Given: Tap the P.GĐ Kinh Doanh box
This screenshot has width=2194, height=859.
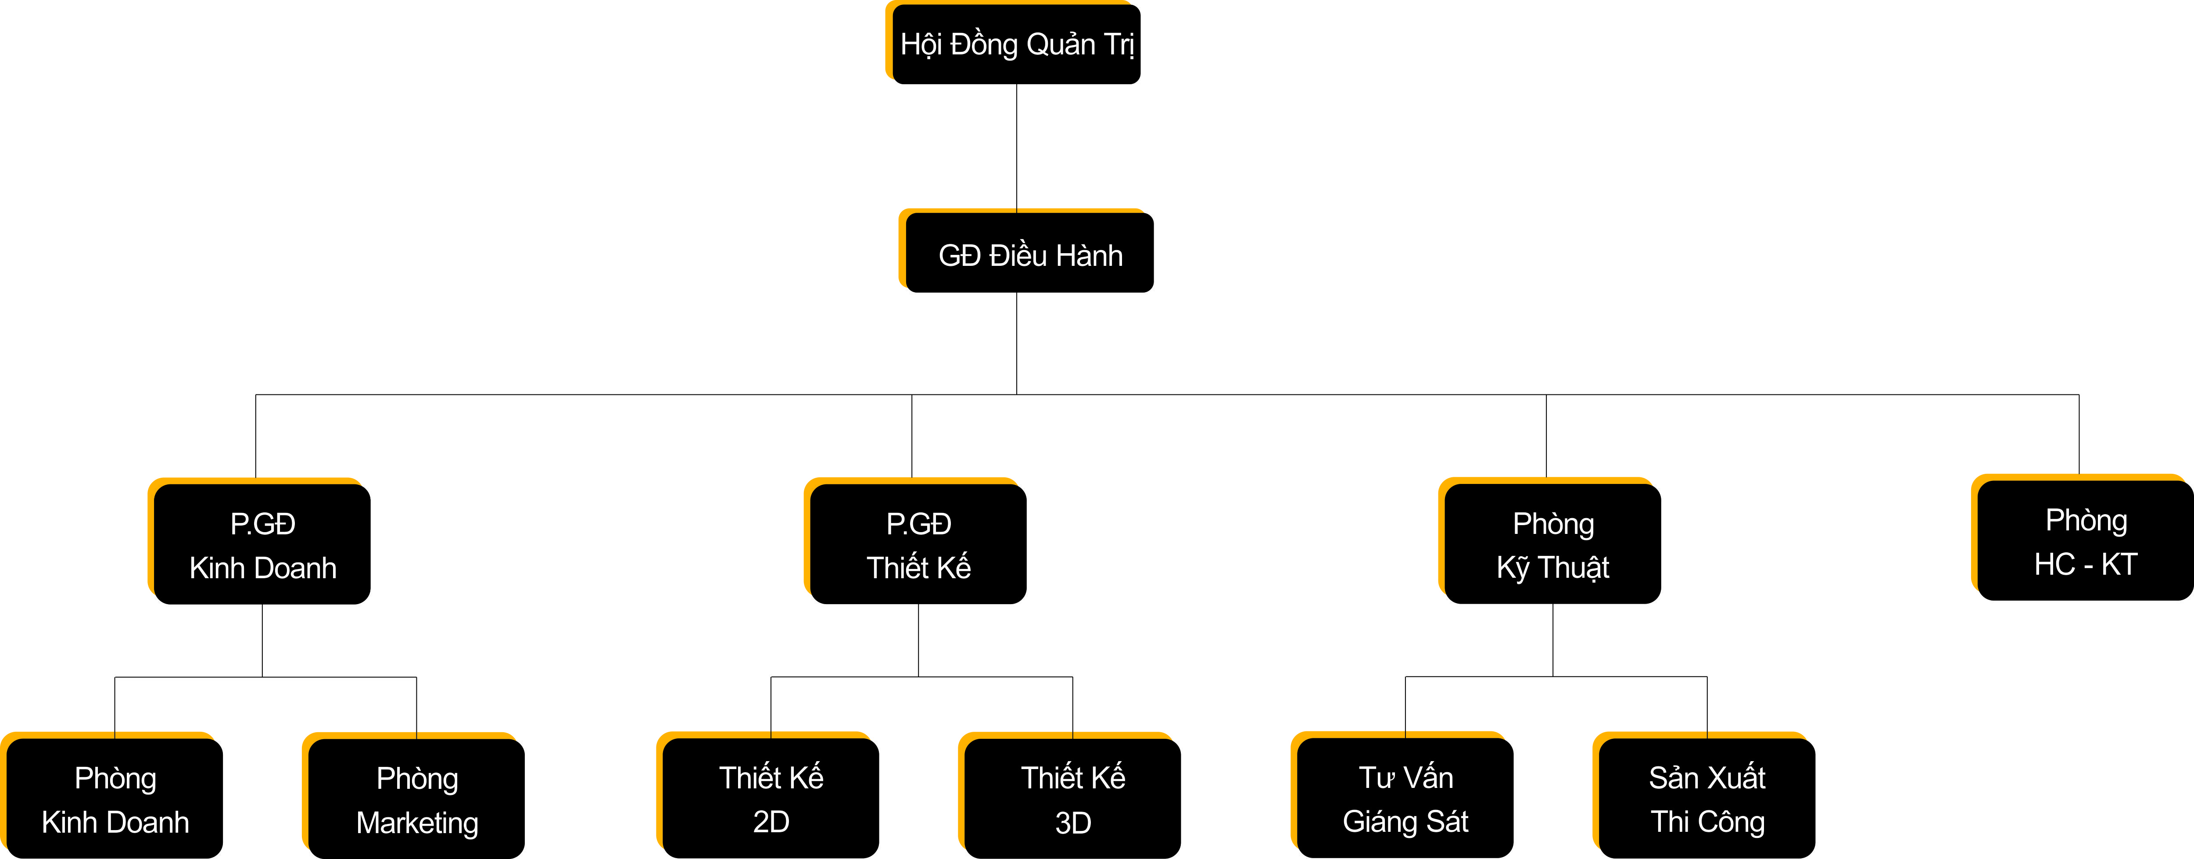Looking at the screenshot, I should [x=262, y=545].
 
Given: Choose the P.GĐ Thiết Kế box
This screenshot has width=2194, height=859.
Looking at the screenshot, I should [x=918, y=545].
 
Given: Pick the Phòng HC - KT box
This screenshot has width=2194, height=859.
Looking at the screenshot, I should [x=2085, y=541].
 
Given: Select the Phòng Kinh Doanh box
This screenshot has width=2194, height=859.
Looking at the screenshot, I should [x=115, y=798].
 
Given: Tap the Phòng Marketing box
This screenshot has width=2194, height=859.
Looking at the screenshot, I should [x=416, y=798].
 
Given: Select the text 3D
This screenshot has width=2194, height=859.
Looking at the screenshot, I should [x=1072, y=823].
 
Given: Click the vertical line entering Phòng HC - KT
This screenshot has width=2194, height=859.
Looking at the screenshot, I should [x=2079, y=434].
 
